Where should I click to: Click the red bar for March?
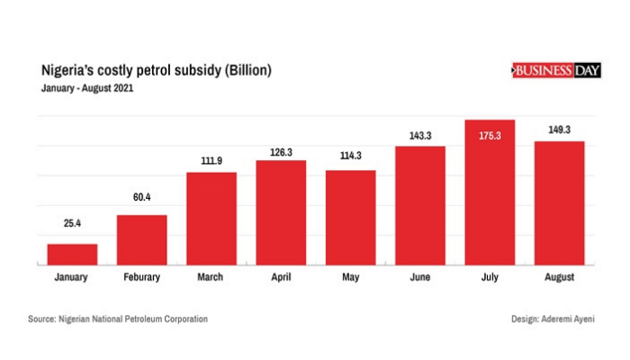[211, 219]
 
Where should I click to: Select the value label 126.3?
[281, 152]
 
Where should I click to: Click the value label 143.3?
[419, 135]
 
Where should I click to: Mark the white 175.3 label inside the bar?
[490, 135]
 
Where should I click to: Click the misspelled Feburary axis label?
[141, 277]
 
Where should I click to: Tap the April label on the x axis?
[281, 277]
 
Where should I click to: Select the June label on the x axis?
[419, 277]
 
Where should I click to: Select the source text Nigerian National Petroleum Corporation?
[132, 319]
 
